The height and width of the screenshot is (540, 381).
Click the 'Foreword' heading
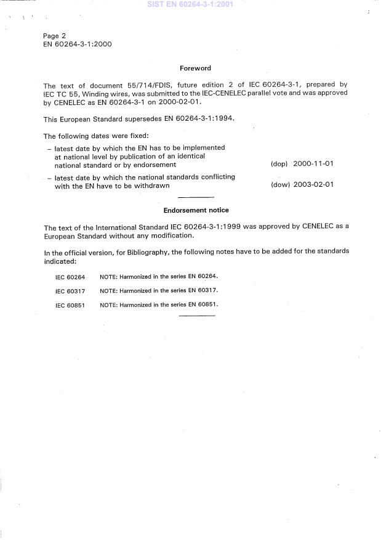point(195,68)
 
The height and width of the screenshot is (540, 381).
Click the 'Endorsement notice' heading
point(196,210)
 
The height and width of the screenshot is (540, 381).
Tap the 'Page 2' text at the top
point(54,36)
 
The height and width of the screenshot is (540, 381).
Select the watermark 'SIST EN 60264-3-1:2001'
point(191,4)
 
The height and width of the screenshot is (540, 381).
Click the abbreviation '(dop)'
point(279,165)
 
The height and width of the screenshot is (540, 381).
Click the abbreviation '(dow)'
point(280,185)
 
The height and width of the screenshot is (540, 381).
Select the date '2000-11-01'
point(314,165)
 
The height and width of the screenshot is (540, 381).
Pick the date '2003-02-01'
point(314,185)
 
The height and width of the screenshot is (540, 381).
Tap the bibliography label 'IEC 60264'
point(70,277)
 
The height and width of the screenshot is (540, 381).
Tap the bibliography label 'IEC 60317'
point(70,290)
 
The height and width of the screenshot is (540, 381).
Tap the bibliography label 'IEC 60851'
point(70,305)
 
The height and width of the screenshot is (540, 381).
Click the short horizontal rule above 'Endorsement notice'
point(196,197)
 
